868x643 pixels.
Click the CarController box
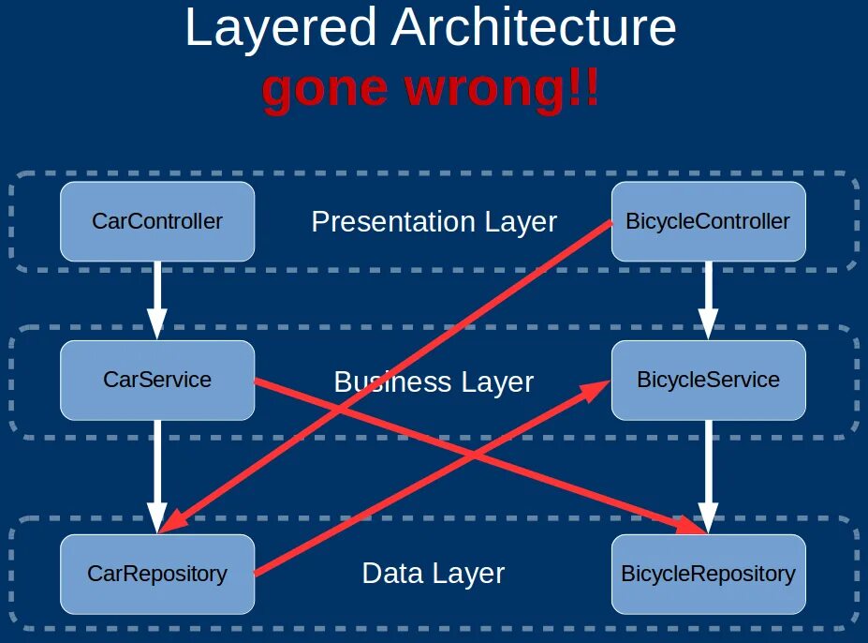pyautogui.click(x=157, y=221)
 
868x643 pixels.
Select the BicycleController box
pyautogui.click(x=708, y=221)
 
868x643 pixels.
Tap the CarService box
pyautogui.click(x=157, y=380)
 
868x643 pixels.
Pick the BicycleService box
pyautogui.click(x=708, y=380)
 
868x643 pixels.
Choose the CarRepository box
pyautogui.click(x=157, y=574)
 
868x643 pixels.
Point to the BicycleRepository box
pyautogui.click(x=708, y=574)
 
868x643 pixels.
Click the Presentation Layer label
pyautogui.click(x=434, y=222)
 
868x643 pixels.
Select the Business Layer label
pyautogui.click(x=434, y=382)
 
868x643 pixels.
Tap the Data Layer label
pyautogui.click(x=434, y=574)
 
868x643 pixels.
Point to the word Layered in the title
pyautogui.click(x=281, y=28)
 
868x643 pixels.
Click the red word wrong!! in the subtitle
pyautogui.click(x=501, y=90)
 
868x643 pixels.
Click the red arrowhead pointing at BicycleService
pyautogui.click(x=599, y=389)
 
